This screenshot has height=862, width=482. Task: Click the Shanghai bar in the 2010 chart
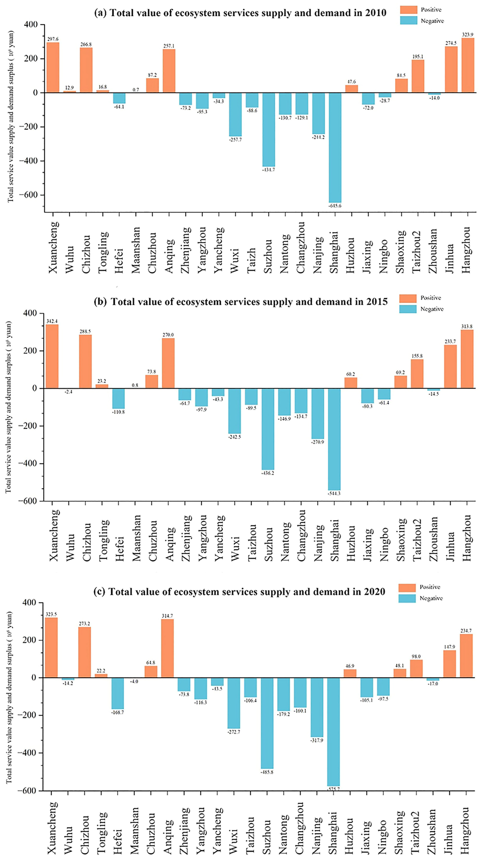[335, 148]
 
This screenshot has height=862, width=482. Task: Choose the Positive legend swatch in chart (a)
[408, 10]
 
